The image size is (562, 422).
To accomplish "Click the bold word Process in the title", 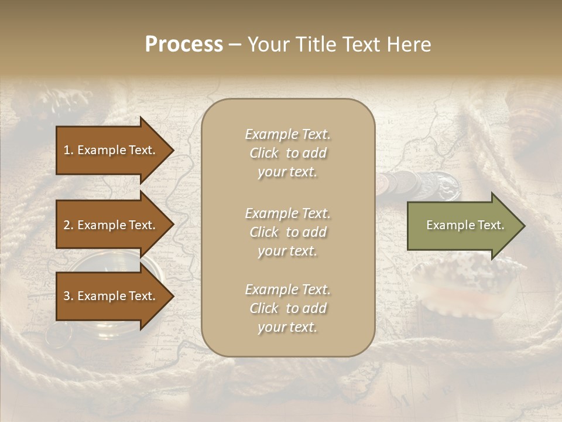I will click(184, 45).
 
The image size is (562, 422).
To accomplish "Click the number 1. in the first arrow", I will click(68, 150).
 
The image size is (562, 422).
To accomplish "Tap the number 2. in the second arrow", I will click(68, 225).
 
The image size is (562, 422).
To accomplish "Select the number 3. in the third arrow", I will click(68, 296).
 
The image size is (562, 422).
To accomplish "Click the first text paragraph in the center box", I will click(287, 153).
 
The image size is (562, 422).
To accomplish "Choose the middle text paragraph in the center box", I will click(287, 232).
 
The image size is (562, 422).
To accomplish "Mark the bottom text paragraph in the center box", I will click(287, 308).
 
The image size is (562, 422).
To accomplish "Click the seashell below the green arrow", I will click(462, 281).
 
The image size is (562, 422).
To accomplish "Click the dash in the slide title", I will click(235, 45).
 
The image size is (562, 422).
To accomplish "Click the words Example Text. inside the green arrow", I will click(465, 225).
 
